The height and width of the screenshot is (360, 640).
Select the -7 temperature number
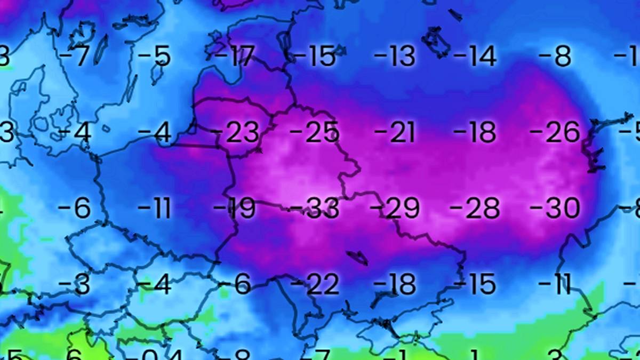pos(75,56)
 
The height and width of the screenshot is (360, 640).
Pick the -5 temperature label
pos(155,56)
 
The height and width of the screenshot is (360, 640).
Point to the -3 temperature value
pos(75,285)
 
